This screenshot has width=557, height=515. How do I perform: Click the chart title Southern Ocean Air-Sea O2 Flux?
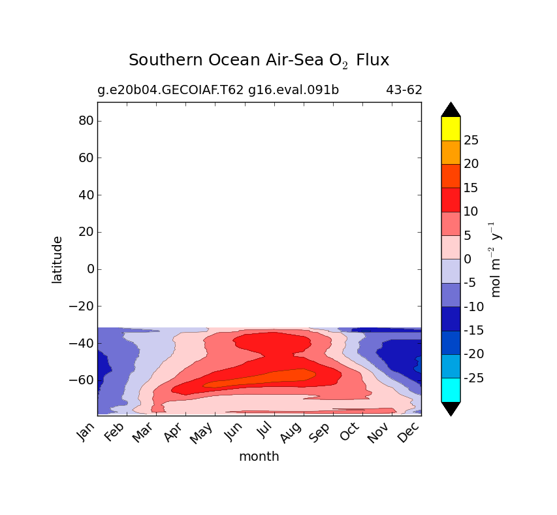259,61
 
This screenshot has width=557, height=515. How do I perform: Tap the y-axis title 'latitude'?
57,259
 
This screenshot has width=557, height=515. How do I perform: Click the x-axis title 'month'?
259,457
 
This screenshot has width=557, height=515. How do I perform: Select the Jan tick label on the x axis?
88,432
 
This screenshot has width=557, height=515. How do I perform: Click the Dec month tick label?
409,432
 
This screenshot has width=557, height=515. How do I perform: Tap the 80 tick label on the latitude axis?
86,121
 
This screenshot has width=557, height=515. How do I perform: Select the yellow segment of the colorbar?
451,128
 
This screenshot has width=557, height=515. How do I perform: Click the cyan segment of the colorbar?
451,390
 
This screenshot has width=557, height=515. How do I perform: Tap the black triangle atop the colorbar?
451,109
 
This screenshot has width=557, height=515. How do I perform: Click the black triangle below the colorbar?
451,409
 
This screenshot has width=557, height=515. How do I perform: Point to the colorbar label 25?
471,141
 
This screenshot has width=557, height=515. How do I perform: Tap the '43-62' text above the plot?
404,90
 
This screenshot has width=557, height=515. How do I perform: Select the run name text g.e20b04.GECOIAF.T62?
170,90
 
